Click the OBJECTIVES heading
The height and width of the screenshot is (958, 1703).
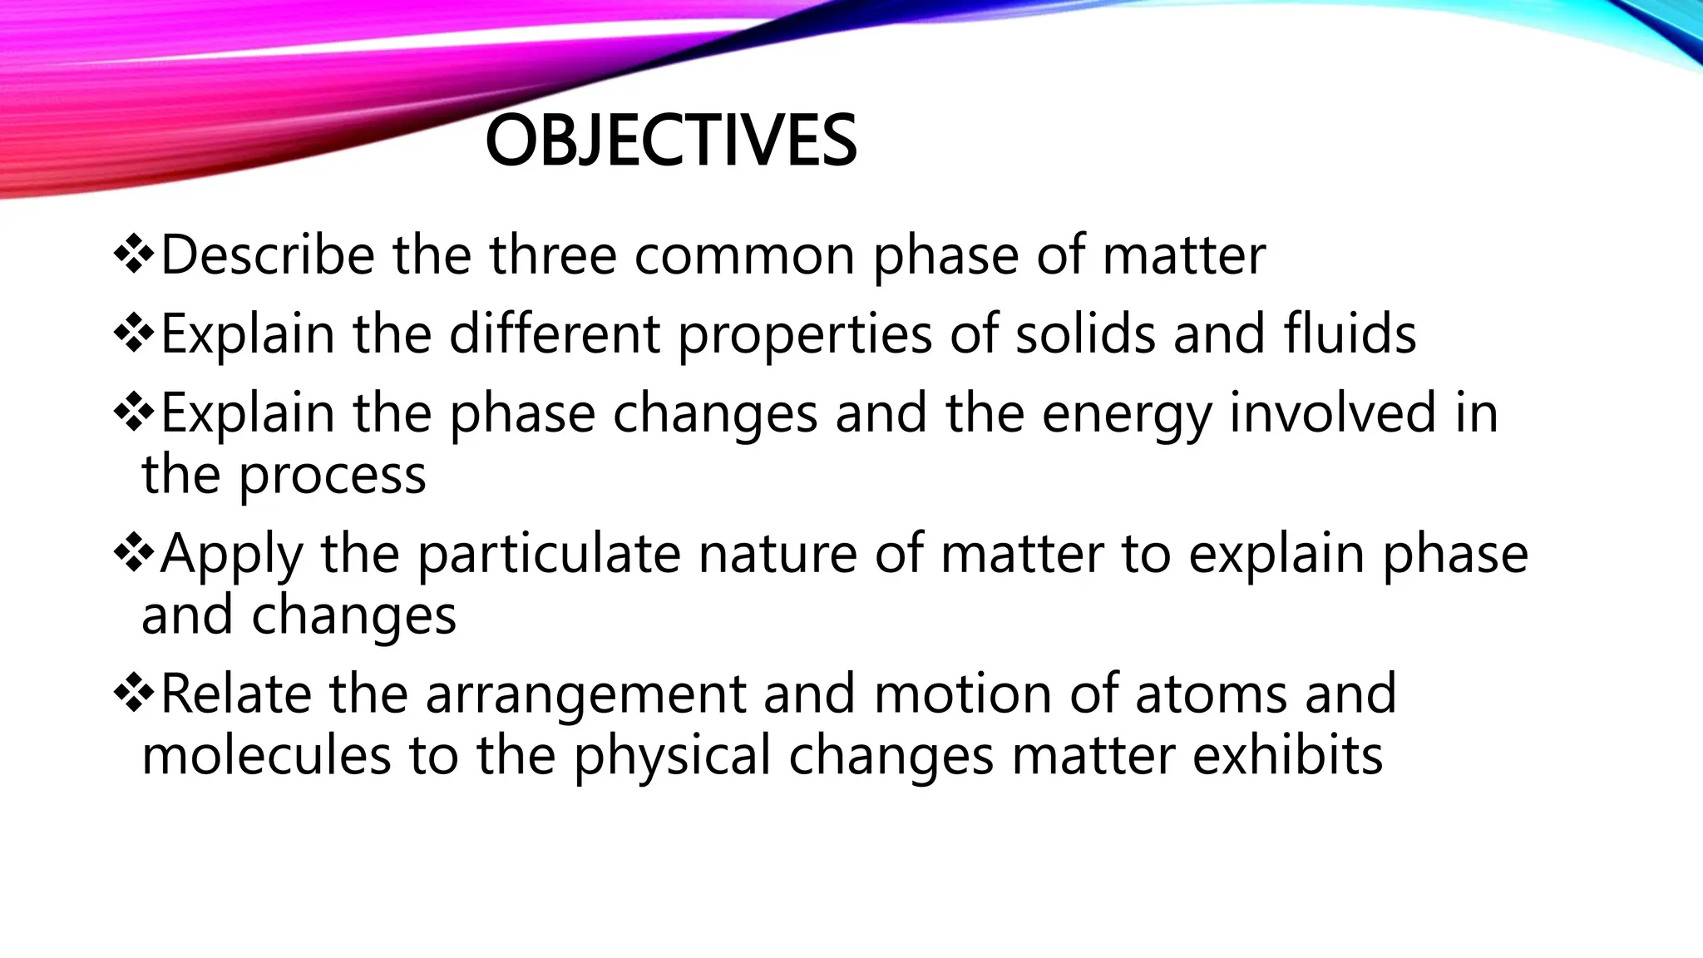670,141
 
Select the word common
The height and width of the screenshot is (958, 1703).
744,256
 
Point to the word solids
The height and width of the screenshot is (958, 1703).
1085,333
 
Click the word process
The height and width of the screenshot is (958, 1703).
333,476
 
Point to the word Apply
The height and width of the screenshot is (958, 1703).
231,556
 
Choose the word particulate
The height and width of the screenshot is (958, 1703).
548,554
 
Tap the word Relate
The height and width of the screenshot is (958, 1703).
235,694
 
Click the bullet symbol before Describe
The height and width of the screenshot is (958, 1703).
133,255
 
